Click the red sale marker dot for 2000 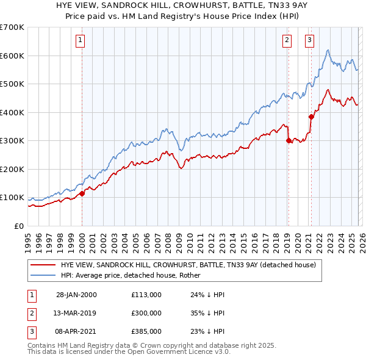click(82, 193)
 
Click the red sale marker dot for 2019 click(288, 140)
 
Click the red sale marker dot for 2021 click(310, 117)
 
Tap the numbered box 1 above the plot click(81, 41)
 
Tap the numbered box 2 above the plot click(287, 41)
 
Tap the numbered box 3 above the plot click(309, 41)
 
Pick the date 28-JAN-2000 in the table click(76, 295)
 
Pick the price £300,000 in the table click(146, 313)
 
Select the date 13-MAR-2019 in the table click(76, 313)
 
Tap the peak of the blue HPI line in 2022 click(328, 50)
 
